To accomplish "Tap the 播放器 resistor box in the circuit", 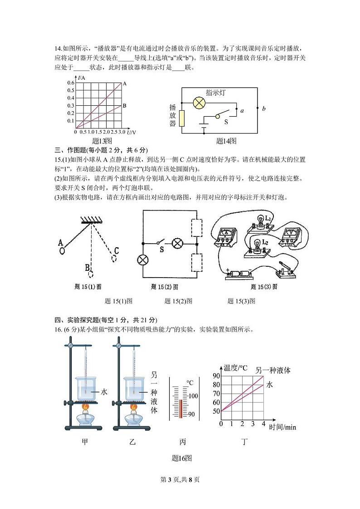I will (x=182, y=118).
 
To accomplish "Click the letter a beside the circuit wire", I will (x=242, y=110).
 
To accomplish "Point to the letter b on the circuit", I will (x=264, y=108).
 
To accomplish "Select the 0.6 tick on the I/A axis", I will (x=71, y=83).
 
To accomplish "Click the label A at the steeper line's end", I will (x=125, y=84).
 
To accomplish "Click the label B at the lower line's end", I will (x=125, y=106).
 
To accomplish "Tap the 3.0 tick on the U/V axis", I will (x=122, y=132).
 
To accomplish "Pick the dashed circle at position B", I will (x=91, y=274).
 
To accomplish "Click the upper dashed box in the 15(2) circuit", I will (x=197, y=228).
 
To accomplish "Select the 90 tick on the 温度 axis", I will (x=216, y=376).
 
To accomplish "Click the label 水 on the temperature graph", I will (x=269, y=385).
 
